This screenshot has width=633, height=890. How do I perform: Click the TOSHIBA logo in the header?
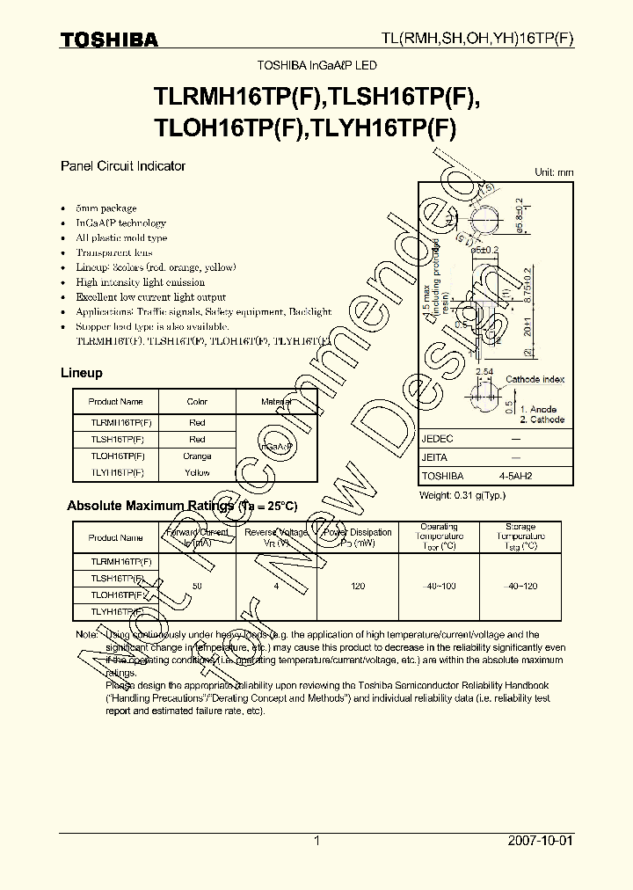pos(109,40)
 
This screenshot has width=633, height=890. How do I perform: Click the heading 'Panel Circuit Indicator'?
pos(123,165)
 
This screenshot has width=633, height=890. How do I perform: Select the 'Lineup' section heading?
pos(81,373)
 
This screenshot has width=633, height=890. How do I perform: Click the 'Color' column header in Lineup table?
pos(197,402)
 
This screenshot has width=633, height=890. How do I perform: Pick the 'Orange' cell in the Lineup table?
pos(197,456)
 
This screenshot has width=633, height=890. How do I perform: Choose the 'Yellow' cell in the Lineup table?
pos(197,473)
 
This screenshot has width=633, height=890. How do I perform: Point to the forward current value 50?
pos(196,586)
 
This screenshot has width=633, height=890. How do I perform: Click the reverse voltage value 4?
pos(276,586)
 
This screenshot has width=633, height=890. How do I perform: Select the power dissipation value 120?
pos(356,586)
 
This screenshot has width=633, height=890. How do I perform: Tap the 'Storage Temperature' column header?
pos(520,536)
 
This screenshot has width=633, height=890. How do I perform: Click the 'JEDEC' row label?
pos(438,438)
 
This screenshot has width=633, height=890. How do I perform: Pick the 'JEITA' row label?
pos(435,457)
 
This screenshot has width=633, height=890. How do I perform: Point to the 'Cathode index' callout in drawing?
pos(535,379)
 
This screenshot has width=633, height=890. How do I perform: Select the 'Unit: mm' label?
pos(554,172)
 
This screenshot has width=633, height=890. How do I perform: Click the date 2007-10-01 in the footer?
pos(540,841)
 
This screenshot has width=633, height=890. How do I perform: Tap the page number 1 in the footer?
pos(316,841)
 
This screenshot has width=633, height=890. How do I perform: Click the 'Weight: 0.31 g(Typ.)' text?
pos(462,496)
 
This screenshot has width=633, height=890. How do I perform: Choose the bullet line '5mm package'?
pos(105,208)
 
